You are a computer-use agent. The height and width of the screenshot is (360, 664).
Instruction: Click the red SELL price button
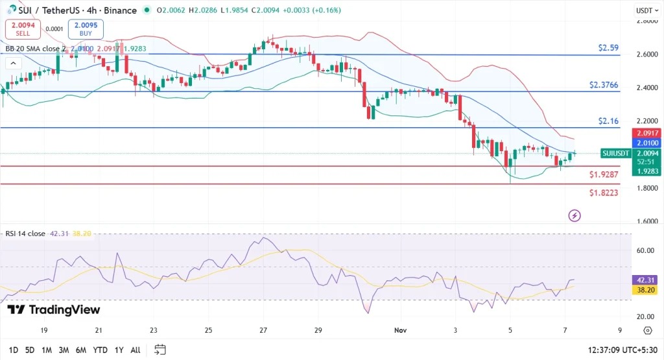pos(22,29)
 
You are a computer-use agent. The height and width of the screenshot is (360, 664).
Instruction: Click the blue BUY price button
pos(85,29)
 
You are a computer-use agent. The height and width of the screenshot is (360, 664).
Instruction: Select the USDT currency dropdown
pos(644,10)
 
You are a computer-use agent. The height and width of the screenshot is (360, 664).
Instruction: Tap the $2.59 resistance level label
pos(609,48)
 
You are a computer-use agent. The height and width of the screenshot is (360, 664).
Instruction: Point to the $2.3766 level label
pos(604,85)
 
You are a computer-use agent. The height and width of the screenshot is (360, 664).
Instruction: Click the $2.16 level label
pos(609,121)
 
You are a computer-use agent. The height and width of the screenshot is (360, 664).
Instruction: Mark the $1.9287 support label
pos(604,174)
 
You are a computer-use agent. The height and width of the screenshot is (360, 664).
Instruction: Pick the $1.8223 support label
pos(604,193)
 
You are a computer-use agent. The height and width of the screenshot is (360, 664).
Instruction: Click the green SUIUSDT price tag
pos(615,153)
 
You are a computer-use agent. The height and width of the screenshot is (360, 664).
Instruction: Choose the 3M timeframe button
pos(64,350)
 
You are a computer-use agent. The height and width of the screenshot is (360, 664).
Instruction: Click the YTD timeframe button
pos(100,350)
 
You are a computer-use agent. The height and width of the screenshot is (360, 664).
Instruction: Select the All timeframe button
pos(135,350)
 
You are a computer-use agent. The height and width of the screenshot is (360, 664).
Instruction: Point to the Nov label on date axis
pos(401,330)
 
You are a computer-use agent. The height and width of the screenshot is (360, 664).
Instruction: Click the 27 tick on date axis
pos(263,330)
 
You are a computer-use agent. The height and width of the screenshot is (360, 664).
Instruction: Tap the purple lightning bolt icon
pos(574,215)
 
